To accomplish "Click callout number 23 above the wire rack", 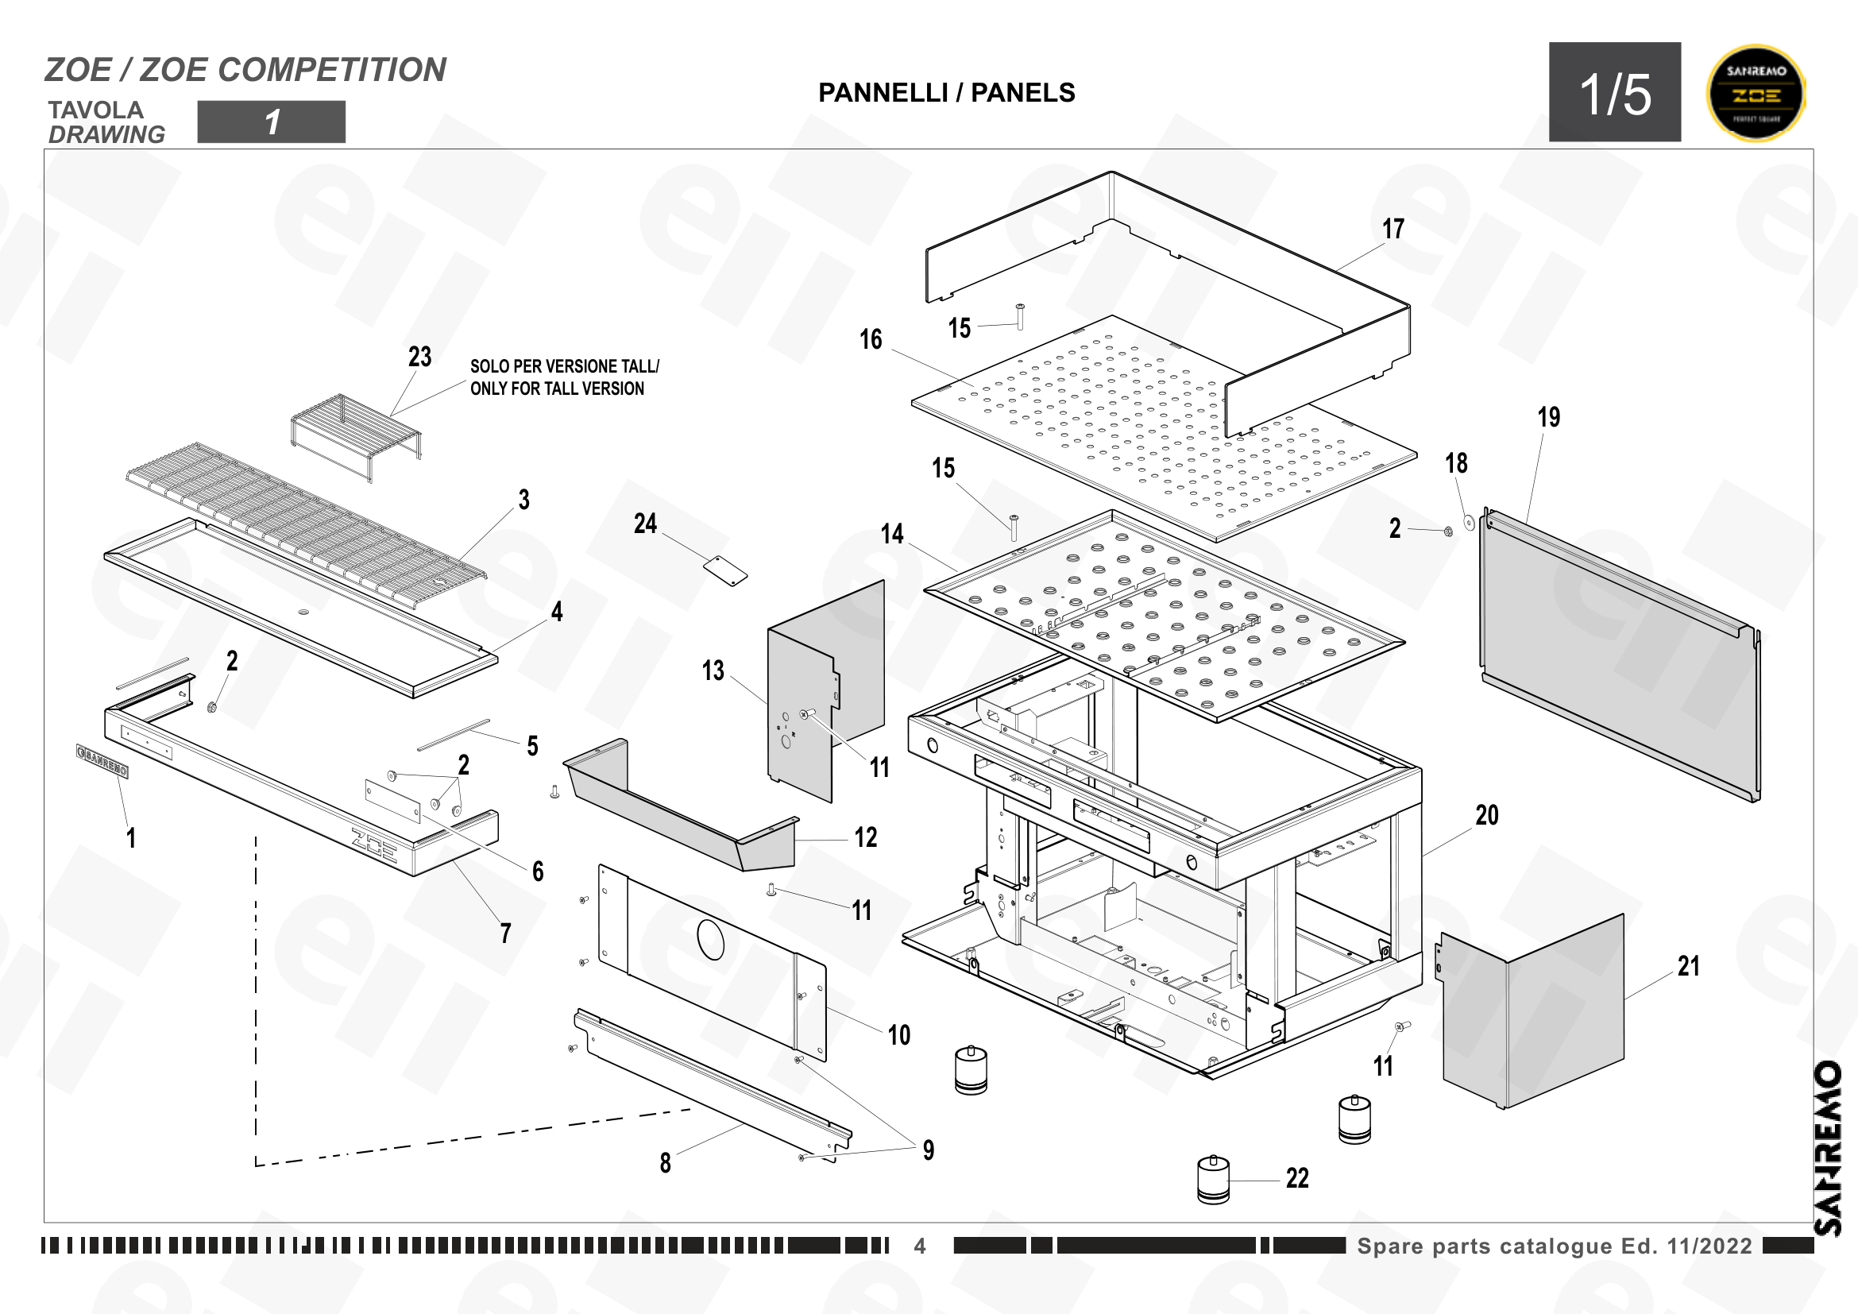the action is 419,356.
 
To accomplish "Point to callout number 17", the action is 1393,229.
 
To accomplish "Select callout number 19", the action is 1549,417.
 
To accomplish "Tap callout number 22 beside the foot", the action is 1297,1178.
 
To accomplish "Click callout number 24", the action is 645,524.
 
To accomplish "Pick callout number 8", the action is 665,1163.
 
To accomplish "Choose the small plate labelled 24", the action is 725,570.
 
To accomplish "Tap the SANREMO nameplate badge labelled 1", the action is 102,761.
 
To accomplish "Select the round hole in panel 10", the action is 710,939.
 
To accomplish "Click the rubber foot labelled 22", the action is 1213,1180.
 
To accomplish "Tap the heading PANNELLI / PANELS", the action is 947,92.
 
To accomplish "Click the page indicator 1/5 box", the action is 1614,92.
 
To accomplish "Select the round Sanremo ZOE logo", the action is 1756,92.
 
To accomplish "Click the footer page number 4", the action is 920,1246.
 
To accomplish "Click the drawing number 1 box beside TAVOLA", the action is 271,122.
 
